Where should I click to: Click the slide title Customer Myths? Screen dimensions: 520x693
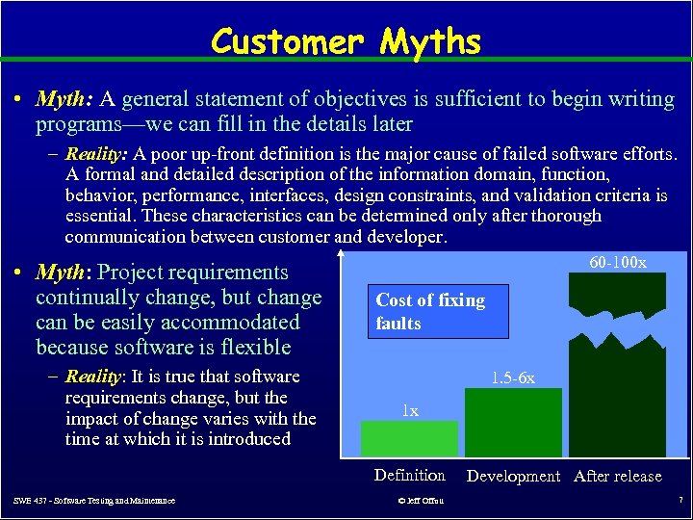(x=346, y=41)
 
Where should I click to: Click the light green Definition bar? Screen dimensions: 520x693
(x=409, y=438)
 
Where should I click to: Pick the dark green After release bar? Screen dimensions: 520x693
(x=616, y=404)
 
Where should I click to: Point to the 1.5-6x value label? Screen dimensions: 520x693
(x=513, y=378)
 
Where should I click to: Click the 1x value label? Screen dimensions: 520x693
(x=410, y=411)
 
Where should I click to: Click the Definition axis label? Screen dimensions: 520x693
(x=409, y=475)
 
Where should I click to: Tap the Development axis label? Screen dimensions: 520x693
(x=513, y=476)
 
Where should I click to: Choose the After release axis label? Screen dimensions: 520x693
(x=617, y=476)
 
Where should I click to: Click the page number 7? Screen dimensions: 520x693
(x=680, y=501)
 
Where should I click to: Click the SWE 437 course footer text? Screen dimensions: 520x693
(x=94, y=501)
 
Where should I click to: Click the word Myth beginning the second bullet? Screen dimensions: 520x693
(x=64, y=273)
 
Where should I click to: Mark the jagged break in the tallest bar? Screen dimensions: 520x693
(x=616, y=327)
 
